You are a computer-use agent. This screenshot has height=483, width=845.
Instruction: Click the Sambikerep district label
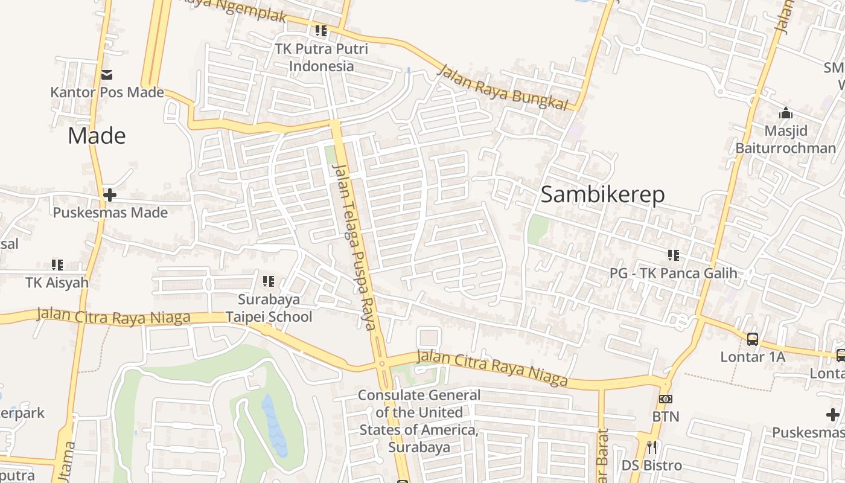coord(602,194)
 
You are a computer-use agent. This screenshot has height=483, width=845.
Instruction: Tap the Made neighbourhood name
coord(97,136)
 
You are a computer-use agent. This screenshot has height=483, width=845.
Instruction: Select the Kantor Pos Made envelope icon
coord(107,75)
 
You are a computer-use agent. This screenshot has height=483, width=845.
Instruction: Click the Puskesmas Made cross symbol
coord(110,195)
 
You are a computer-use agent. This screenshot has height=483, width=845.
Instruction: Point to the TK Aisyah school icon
coord(57,264)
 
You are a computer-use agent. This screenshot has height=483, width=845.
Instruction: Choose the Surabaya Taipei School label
coord(269,308)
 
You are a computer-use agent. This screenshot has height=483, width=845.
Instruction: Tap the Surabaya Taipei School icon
coord(269,281)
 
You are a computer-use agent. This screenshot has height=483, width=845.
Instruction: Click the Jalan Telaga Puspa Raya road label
coord(354,247)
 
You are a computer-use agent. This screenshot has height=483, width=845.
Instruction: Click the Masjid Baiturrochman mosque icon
coord(785,113)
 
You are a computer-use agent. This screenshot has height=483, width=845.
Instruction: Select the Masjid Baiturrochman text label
coord(785,139)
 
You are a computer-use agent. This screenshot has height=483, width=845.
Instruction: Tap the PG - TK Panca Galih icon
coord(674,255)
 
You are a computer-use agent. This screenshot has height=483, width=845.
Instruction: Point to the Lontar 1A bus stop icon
coord(753,339)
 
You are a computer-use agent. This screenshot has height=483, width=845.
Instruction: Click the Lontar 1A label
coord(753,357)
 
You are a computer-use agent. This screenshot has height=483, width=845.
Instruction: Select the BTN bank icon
coord(666,399)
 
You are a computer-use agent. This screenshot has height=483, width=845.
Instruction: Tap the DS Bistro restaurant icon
coord(652,447)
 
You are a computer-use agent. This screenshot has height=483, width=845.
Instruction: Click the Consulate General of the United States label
coord(419,421)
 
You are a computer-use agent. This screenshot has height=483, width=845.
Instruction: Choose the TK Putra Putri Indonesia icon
coord(321,30)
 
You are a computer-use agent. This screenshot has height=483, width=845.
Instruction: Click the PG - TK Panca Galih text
coord(673,273)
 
